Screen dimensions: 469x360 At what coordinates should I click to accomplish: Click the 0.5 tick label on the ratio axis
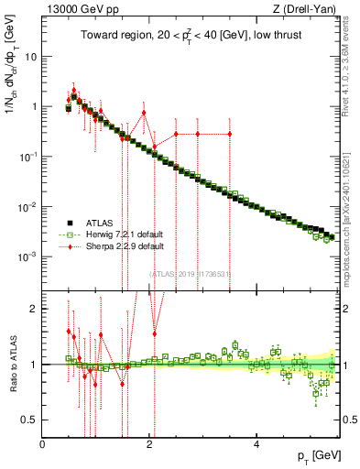coord(29,420)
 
